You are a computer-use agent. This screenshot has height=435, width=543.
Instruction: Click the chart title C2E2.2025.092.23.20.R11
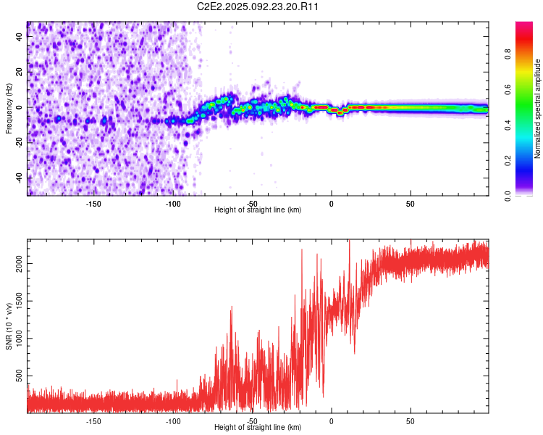tap(257, 7)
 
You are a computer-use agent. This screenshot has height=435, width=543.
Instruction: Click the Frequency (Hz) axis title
tap(9, 109)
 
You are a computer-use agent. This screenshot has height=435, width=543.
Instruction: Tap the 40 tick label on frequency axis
tap(20, 36)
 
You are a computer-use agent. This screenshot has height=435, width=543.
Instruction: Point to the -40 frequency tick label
tap(20, 178)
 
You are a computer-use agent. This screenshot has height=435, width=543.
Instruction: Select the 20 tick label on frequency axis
tap(20, 72)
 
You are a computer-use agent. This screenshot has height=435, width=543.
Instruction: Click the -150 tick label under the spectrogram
tap(93, 204)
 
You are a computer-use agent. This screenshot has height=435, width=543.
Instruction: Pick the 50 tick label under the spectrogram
tap(411, 204)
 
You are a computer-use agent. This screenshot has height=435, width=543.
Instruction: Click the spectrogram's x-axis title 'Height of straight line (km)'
tap(258, 210)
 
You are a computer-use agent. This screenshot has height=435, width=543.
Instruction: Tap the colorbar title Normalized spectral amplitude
tap(537, 109)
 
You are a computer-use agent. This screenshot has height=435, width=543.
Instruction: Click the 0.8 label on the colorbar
tap(508, 54)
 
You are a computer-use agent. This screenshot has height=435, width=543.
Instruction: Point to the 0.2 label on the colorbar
tap(508, 161)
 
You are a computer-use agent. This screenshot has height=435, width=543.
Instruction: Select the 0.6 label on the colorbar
tap(508, 89)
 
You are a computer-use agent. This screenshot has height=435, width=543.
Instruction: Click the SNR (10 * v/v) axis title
tap(9, 326)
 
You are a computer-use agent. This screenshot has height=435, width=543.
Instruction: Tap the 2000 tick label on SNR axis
tap(20, 264)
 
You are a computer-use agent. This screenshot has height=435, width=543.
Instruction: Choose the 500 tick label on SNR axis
tap(20, 376)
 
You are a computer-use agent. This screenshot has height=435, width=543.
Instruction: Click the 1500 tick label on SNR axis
tap(20, 301)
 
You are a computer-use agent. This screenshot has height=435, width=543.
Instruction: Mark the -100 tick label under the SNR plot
tap(173, 421)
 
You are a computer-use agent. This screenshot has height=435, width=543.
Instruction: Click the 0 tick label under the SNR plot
tap(332, 421)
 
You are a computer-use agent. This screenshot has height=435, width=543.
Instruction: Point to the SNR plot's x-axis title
tap(258, 427)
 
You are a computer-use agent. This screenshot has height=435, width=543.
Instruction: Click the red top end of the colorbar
tap(524, 23)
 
